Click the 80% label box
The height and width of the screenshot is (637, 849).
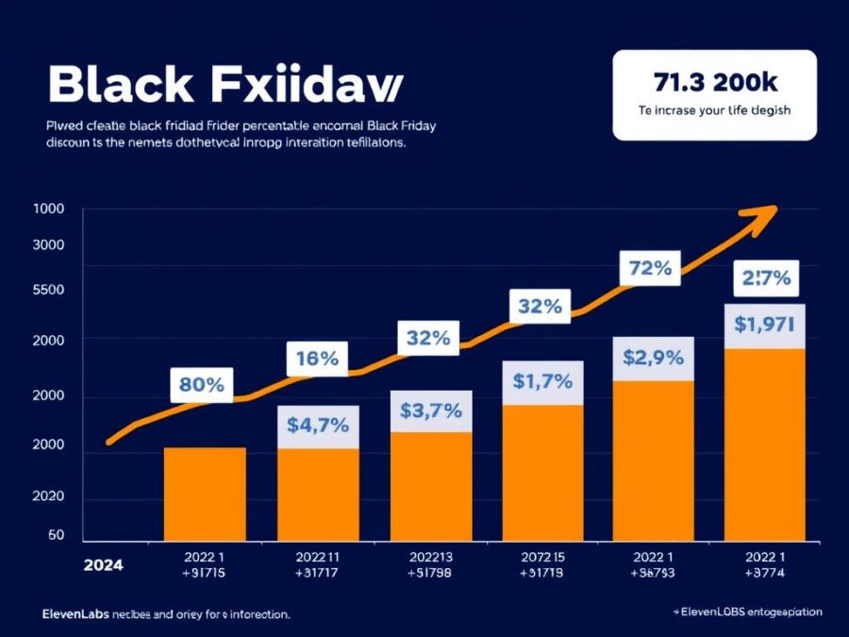201,384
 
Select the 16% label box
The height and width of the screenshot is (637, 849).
317,359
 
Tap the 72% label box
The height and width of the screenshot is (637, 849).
649,268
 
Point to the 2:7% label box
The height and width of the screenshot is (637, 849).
766,278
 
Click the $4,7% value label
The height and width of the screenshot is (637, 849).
318,426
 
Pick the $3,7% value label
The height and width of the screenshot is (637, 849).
430,411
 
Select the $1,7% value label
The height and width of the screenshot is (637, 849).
542,382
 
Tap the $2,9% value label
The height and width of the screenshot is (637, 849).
653,359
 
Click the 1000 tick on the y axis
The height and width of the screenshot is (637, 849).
48,210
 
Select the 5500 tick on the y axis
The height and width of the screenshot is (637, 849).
48,290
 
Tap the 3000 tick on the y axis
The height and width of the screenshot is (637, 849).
48,245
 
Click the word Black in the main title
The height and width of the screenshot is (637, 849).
111,85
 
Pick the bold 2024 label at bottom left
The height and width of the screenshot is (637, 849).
102,565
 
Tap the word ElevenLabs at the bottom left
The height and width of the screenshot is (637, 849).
75,613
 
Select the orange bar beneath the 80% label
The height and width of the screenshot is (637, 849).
205,493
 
